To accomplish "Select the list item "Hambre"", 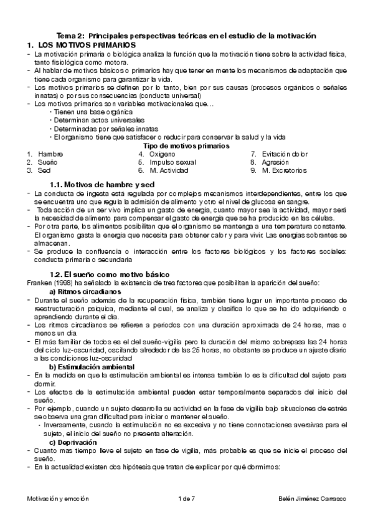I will coord(50,153).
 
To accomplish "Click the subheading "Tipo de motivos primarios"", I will coord(186,145).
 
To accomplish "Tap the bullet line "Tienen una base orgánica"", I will coord(94,111).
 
